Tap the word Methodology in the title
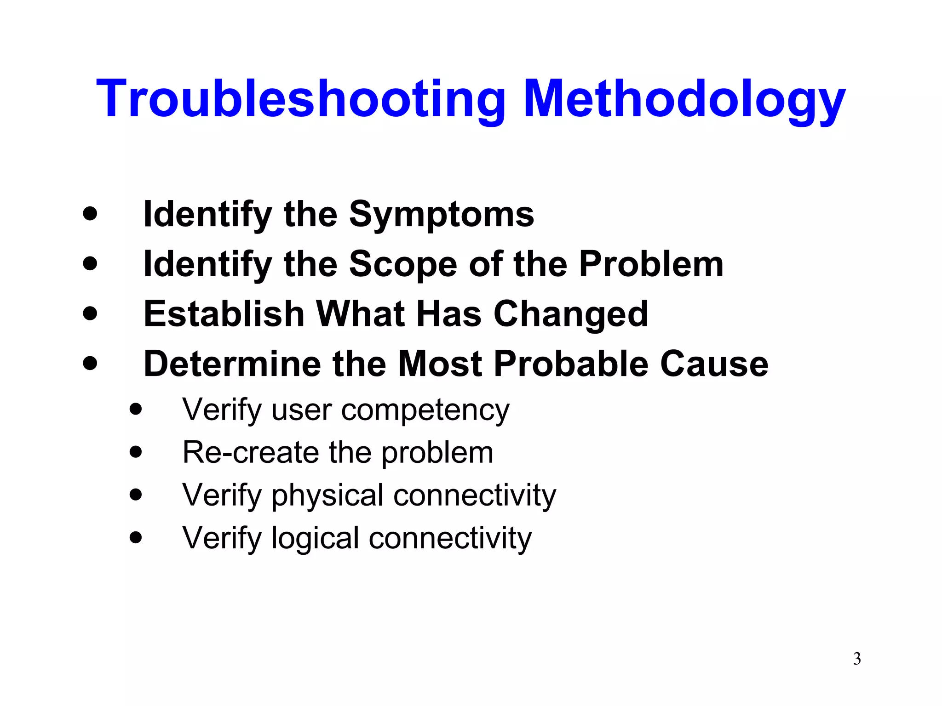(x=684, y=99)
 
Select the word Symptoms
(x=442, y=215)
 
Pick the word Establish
(x=224, y=314)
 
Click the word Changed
(x=571, y=314)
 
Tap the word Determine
(x=232, y=364)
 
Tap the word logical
(x=315, y=538)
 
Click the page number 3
(x=857, y=659)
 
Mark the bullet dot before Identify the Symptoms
(x=90, y=214)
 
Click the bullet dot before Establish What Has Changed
(x=90, y=313)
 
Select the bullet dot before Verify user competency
(x=136, y=409)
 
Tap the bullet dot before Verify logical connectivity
(x=136, y=537)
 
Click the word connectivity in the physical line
(x=475, y=495)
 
